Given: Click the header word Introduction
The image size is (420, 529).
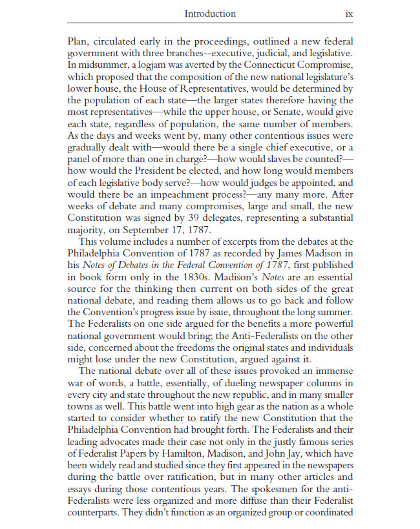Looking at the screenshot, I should click(x=210, y=14).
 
